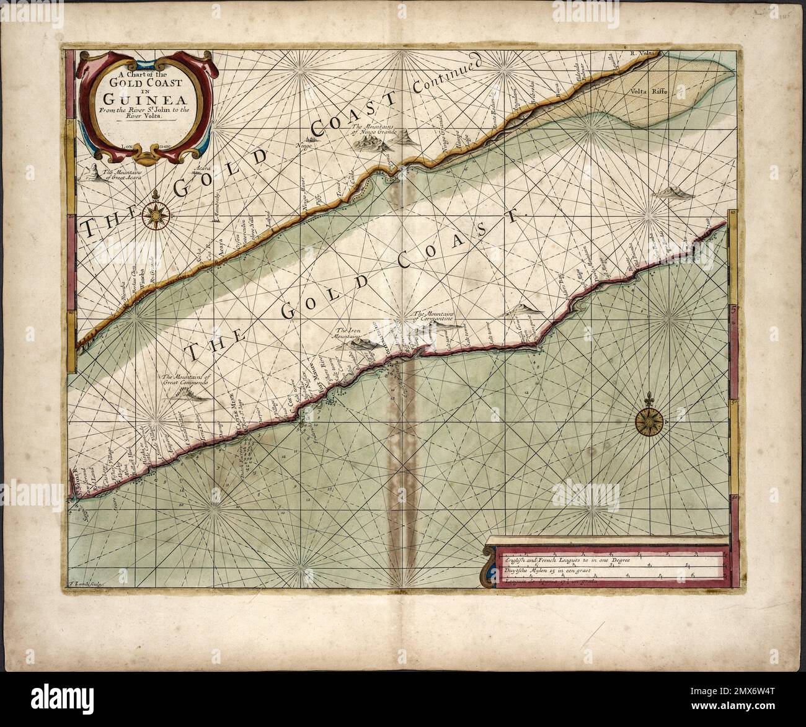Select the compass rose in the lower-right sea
(649, 422)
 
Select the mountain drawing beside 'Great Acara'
(93, 173)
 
